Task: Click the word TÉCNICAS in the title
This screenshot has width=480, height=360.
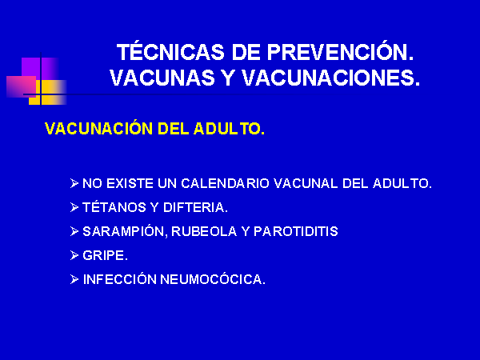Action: [170, 51]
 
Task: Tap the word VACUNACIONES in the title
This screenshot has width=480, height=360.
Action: [330, 78]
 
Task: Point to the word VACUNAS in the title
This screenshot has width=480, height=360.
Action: [162, 78]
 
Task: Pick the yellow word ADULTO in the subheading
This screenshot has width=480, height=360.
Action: [229, 129]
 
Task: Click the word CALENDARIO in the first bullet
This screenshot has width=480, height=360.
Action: [225, 183]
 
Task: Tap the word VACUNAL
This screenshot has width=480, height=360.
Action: [306, 183]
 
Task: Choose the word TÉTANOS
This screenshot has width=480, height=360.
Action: [114, 206]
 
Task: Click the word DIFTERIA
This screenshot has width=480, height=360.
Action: [195, 207]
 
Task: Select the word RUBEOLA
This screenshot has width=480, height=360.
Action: [204, 231]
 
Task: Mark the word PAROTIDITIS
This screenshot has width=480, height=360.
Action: [296, 231]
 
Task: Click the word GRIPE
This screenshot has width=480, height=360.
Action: [105, 255]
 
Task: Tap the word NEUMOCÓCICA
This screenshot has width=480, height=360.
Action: [213, 278]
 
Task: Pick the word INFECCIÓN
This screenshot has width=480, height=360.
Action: [120, 278]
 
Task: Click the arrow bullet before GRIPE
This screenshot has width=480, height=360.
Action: [74, 255]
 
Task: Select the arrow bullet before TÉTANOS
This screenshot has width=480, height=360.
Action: [74, 207]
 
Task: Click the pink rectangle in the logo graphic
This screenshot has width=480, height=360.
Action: [21, 86]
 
